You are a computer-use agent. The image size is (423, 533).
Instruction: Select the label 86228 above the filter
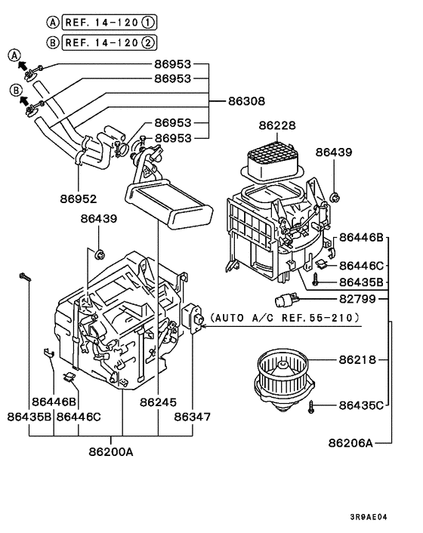[277, 125]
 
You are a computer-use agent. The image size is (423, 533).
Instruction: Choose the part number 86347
[193, 415]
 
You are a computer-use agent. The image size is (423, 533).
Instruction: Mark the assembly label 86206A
[351, 442]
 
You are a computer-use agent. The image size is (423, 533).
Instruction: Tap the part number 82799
[357, 298]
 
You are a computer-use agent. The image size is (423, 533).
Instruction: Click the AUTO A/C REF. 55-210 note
[285, 319]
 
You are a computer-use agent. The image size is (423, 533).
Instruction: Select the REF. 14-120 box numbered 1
[93, 23]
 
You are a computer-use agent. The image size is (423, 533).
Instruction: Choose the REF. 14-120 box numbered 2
[93, 42]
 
